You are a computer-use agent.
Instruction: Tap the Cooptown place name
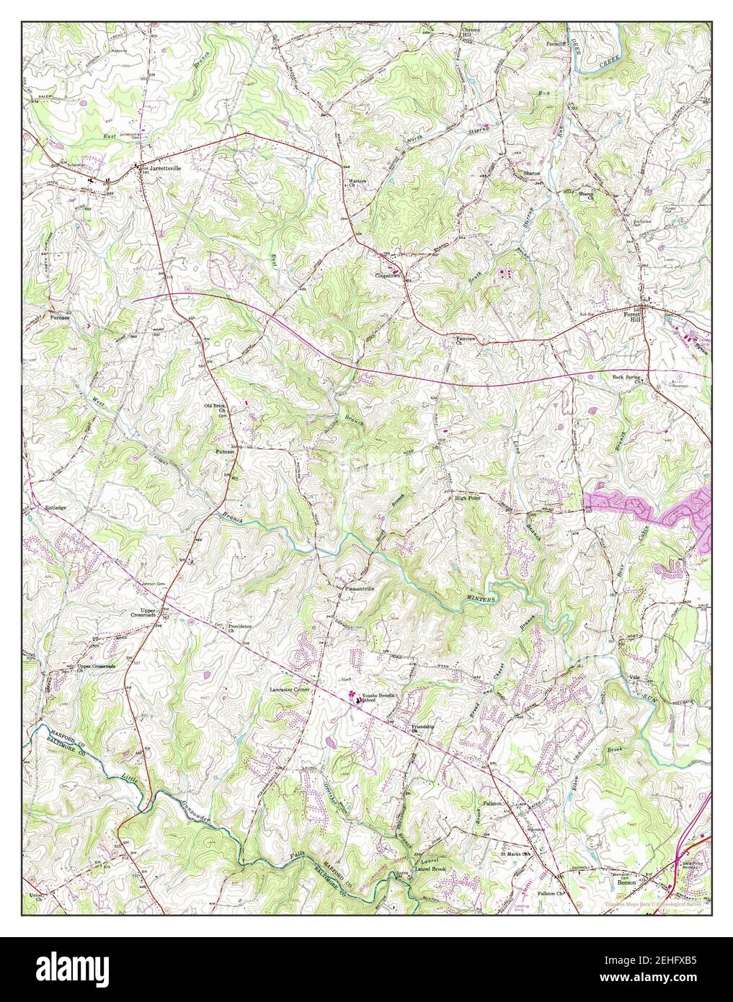[x=387, y=276]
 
